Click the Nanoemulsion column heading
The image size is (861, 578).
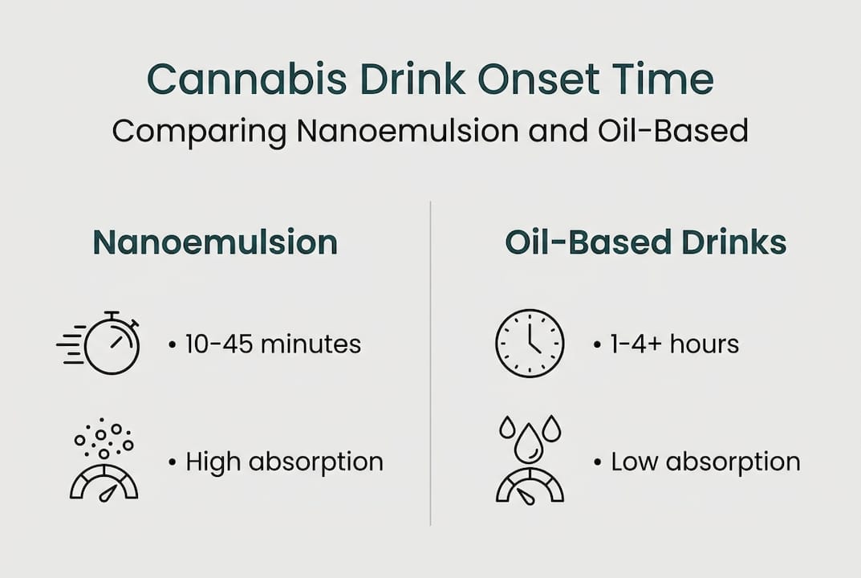pyautogui.click(x=215, y=242)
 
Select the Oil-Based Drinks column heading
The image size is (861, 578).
pyautogui.click(x=645, y=242)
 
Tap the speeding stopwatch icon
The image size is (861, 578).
pyautogui.click(x=111, y=344)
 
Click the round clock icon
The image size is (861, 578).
pyautogui.click(x=529, y=344)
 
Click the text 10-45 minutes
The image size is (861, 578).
pyautogui.click(x=273, y=344)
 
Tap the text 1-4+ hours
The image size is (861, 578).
pyautogui.click(x=675, y=344)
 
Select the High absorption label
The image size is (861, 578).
pyautogui.click(x=284, y=462)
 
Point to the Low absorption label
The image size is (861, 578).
pyautogui.click(x=705, y=462)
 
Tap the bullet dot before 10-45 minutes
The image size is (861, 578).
pyautogui.click(x=173, y=345)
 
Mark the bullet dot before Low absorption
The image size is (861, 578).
pyautogui.click(x=598, y=462)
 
